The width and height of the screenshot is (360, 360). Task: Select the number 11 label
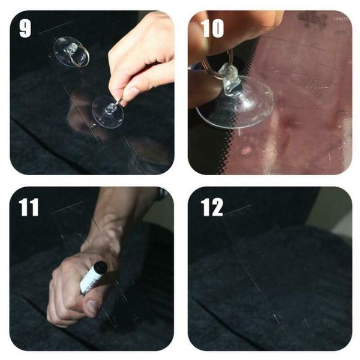point(28,207)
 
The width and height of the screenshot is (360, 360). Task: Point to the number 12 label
point(211,207)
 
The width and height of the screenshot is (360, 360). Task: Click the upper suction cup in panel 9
point(70,52)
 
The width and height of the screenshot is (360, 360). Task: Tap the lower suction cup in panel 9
point(107,112)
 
